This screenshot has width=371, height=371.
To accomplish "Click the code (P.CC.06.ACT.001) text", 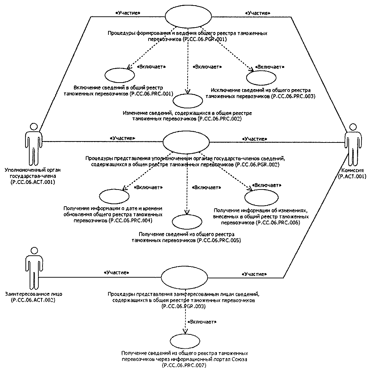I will (x=33, y=182).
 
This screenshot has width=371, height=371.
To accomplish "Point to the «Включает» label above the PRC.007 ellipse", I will (x=202, y=321).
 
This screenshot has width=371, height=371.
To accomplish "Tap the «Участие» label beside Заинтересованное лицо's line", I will (x=117, y=271).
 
